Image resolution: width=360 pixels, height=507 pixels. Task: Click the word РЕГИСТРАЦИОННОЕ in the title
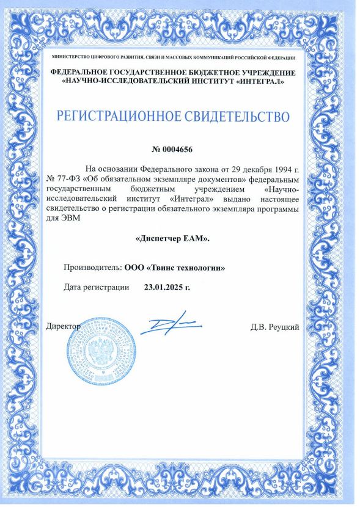coord(113,115)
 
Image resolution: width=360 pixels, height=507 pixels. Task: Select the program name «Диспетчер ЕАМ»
coord(172,238)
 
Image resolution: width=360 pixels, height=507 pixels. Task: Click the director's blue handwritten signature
coord(166,325)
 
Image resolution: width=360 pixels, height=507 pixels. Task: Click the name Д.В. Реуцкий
coord(274,327)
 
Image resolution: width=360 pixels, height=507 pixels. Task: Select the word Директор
coord(64,327)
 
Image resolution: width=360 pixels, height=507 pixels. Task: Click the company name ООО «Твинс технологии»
coord(175,267)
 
